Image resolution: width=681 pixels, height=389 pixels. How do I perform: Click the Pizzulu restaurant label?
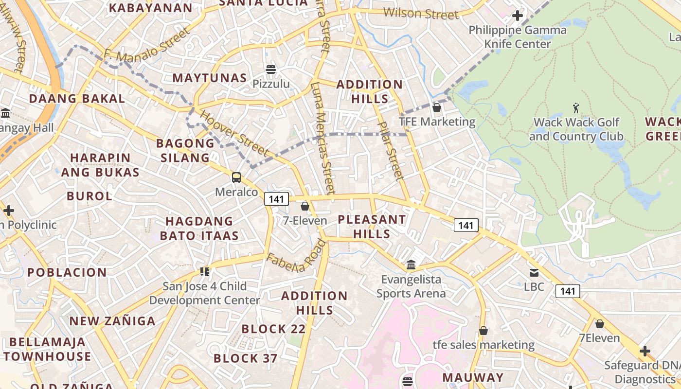pyautogui.click(x=271, y=84)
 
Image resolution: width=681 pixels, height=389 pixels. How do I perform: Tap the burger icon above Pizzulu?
pyautogui.click(x=271, y=70)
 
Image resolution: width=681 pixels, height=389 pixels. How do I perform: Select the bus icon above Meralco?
pyautogui.click(x=236, y=177)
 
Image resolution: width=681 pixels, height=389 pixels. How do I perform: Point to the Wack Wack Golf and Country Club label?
pyautogui.click(x=576, y=129)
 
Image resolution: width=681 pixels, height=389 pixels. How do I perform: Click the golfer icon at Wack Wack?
pyautogui.click(x=576, y=107)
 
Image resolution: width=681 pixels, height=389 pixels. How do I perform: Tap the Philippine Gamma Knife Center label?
pyautogui.click(x=518, y=37)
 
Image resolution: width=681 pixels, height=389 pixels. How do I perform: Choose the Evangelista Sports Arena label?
pyautogui.click(x=411, y=286)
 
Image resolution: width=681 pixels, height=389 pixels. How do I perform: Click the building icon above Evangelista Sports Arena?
pyautogui.click(x=411, y=265)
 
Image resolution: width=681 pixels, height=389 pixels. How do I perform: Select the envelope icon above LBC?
pyautogui.click(x=534, y=273)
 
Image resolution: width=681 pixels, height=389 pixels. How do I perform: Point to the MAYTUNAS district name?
pyautogui.click(x=210, y=78)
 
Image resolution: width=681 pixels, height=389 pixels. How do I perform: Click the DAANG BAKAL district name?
pyautogui.click(x=77, y=98)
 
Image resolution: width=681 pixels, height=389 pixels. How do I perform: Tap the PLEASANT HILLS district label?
pyautogui.click(x=372, y=227)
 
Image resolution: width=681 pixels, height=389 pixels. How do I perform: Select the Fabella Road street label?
pyautogui.click(x=295, y=256)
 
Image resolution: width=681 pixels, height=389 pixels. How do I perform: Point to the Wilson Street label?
pyautogui.click(x=421, y=14)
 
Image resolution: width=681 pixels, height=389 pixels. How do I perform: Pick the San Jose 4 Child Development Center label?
pyautogui.click(x=204, y=293)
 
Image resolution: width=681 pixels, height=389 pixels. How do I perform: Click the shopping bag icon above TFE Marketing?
pyautogui.click(x=437, y=107)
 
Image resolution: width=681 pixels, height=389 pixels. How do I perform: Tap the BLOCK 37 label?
pyautogui.click(x=246, y=359)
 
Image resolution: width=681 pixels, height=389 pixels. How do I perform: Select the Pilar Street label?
pyautogui.click(x=391, y=151)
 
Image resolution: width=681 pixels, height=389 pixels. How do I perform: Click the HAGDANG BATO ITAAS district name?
pyautogui.click(x=199, y=229)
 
